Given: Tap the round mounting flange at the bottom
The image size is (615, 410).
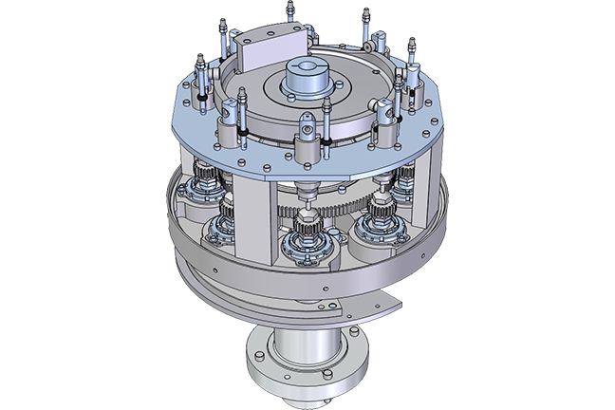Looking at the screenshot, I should coord(301,365).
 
